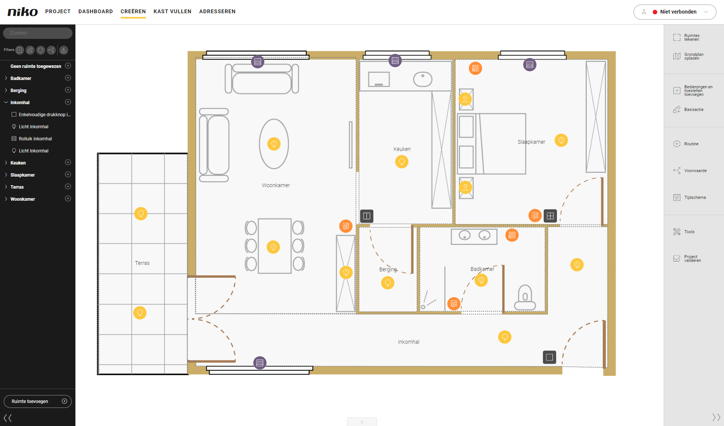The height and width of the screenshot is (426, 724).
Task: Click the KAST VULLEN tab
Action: [172, 11]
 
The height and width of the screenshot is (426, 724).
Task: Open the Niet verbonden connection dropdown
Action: [675, 12]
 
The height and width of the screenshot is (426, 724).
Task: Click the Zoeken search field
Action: [38, 33]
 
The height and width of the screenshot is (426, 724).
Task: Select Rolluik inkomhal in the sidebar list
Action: [35, 139]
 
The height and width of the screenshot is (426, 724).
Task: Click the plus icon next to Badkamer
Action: [68, 78]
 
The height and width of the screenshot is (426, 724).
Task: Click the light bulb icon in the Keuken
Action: [402, 162]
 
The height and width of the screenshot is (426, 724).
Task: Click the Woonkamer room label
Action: [276, 185]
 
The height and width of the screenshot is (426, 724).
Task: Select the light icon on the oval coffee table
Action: [274, 144]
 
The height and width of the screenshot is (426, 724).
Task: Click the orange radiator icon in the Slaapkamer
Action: [475, 68]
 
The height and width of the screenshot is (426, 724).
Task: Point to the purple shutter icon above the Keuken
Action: [395, 60]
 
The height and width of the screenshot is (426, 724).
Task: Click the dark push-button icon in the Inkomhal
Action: [549, 357]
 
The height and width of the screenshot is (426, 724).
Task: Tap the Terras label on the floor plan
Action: [142, 263]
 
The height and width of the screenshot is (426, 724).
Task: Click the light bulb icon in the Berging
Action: [387, 283]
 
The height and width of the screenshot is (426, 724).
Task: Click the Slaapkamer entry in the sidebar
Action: [23, 175]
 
